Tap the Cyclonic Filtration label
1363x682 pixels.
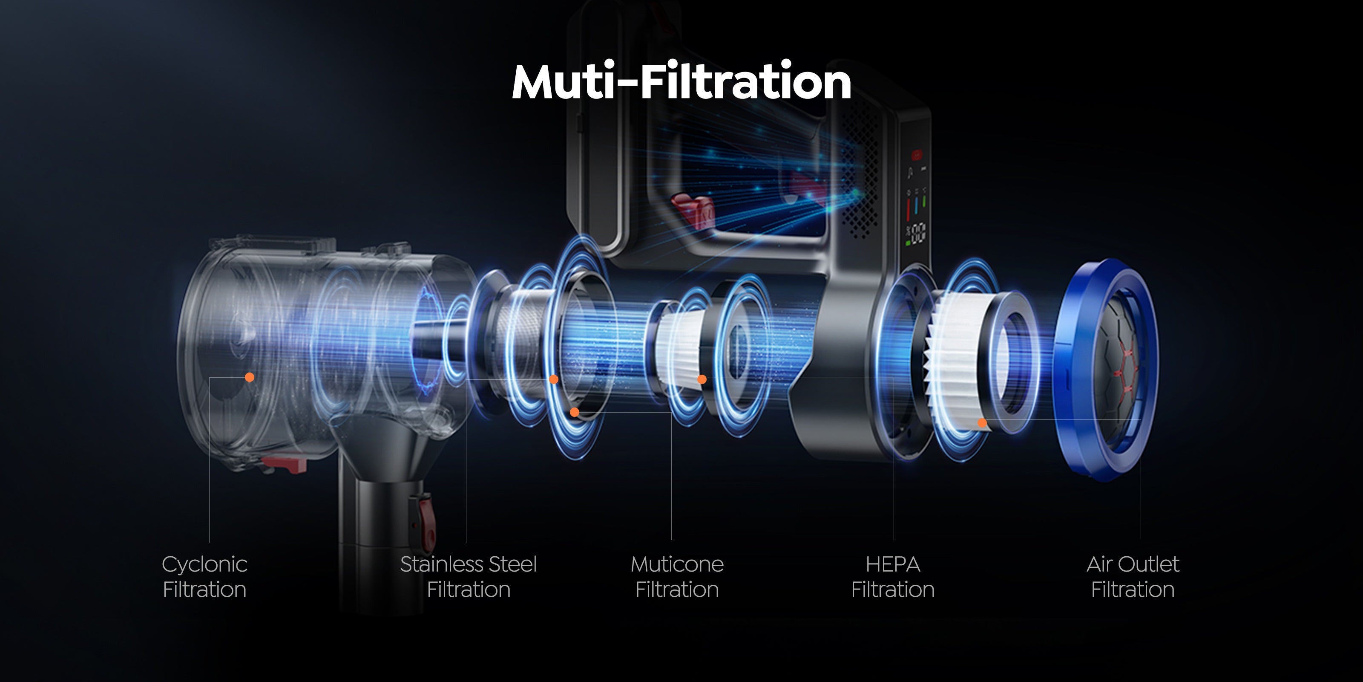coord(205,577)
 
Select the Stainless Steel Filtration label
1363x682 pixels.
coord(468,577)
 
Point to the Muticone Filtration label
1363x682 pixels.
coord(677,577)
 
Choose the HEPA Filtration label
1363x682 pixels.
coord(893,577)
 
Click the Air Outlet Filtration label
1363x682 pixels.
coord(1133,577)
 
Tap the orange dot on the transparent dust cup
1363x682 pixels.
coord(250,377)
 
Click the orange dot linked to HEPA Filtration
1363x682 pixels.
coord(702,379)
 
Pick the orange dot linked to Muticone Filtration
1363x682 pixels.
coord(575,412)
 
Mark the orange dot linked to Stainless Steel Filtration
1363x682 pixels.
coord(553,379)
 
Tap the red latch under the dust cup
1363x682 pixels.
coord(284,464)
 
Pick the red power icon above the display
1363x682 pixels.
coord(917,155)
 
